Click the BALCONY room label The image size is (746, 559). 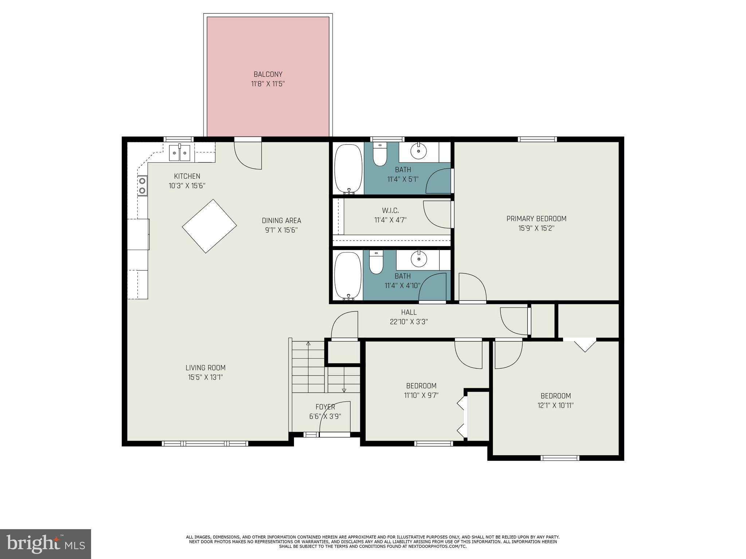point(268,74)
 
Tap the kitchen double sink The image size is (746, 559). point(180,153)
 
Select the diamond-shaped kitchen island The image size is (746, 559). point(209,226)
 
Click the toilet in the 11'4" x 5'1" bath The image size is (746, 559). point(380,156)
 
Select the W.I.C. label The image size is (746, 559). point(390,210)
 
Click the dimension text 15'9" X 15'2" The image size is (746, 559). point(536,229)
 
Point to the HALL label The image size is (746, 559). point(409,312)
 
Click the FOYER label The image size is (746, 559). point(325,407)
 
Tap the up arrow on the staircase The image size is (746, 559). point(308,344)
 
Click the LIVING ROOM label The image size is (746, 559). point(205,368)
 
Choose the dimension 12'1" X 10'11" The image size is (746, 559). point(555,405)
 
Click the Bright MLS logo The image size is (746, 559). point(45,544)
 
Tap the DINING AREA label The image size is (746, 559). point(281,221)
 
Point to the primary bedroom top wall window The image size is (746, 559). point(537,139)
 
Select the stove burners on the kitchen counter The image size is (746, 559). point(142,185)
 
